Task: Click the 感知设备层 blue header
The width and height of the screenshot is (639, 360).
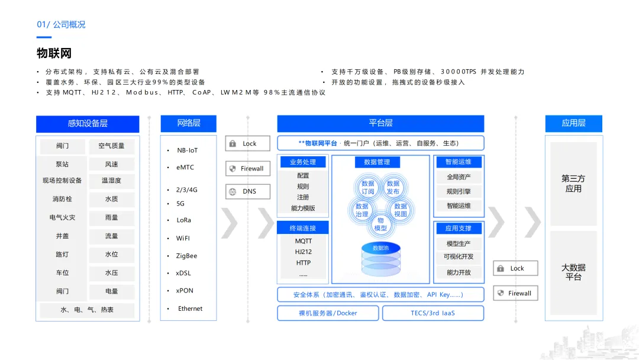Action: click(x=88, y=124)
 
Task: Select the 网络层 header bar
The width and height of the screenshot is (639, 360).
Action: click(x=189, y=123)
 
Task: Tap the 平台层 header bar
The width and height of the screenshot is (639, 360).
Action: click(x=380, y=123)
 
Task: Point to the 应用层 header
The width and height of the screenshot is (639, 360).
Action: click(x=573, y=123)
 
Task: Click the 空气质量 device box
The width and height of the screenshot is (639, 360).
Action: click(x=111, y=146)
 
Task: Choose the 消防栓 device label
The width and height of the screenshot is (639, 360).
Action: click(x=62, y=200)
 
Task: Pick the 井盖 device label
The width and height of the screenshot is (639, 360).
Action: click(x=62, y=236)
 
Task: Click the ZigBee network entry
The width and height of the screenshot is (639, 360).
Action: click(x=186, y=256)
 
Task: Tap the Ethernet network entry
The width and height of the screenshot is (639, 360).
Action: click(x=190, y=308)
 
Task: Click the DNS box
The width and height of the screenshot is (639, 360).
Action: click(x=248, y=192)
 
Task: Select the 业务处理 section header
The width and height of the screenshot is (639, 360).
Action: click(x=303, y=162)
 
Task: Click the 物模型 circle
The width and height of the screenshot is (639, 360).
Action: click(x=380, y=224)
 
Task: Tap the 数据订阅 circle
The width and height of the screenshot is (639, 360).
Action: click(x=368, y=187)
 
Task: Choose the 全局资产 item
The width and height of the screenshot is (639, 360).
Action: click(x=459, y=177)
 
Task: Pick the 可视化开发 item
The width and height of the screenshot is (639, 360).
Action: click(x=459, y=257)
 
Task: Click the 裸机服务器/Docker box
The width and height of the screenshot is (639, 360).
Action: click(x=328, y=313)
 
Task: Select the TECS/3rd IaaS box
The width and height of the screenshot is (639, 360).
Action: click(x=433, y=313)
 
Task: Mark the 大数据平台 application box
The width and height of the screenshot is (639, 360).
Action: click(x=573, y=272)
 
